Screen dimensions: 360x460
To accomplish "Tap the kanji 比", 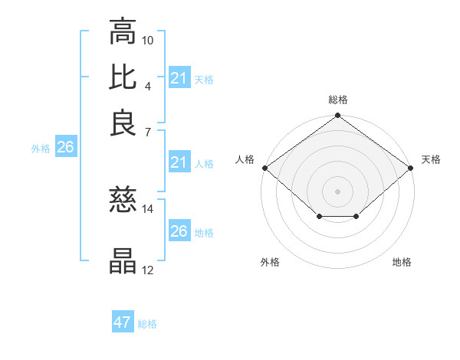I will (x=123, y=77).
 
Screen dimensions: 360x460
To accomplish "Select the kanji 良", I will (x=123, y=123).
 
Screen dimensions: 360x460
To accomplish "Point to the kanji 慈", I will (x=123, y=200).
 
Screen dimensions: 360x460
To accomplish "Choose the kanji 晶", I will (x=123, y=261).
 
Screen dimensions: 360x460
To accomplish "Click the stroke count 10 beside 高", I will (x=148, y=39).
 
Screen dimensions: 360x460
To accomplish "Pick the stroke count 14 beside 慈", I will (x=148, y=208).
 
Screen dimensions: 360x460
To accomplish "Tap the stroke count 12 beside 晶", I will (x=148, y=269).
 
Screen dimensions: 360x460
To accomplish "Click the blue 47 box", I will (x=123, y=322).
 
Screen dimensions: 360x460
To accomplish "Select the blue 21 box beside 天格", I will (x=179, y=78).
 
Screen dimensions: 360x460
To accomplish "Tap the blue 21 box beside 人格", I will (x=179, y=162).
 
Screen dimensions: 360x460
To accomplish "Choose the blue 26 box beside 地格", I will (x=179, y=231).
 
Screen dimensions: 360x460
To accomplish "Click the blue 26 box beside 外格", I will (x=65, y=148).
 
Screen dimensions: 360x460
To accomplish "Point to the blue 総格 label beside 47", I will (x=147, y=324).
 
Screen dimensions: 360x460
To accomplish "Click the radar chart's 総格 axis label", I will (x=337, y=100).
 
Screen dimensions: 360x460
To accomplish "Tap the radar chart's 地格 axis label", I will (x=402, y=262).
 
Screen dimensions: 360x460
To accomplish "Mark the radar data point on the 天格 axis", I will (x=411, y=168).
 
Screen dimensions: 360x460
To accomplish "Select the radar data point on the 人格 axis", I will (x=264, y=168).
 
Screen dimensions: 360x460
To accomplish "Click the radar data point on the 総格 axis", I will (x=337, y=116).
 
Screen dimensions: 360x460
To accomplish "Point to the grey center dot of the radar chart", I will (x=337, y=191).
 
